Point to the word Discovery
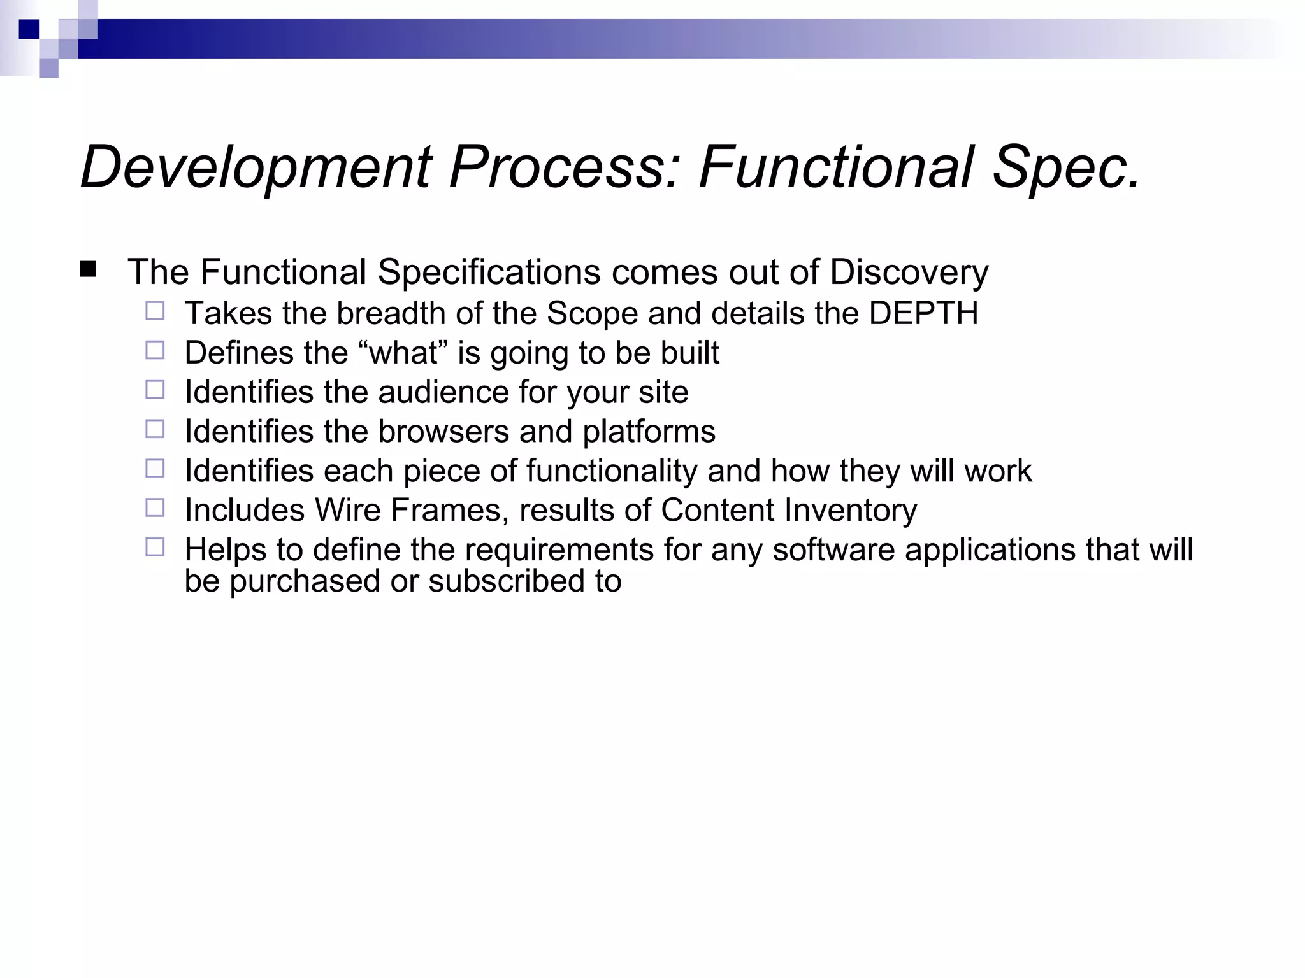point(909,273)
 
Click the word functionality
point(611,471)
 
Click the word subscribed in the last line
point(507,581)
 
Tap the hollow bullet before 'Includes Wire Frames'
point(155,507)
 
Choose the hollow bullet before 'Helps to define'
point(155,547)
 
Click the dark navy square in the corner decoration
point(29,29)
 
